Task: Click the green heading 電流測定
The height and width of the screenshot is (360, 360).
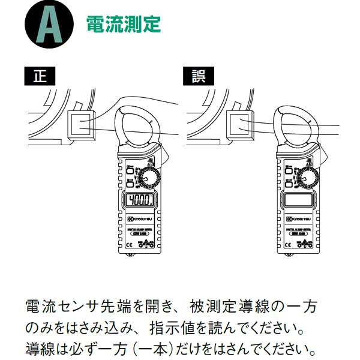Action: tap(124, 25)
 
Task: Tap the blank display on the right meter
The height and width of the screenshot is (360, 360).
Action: tap(299, 200)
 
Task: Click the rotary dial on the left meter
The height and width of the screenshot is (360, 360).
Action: tap(149, 177)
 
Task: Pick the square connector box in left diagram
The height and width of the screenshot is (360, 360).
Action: tap(80, 124)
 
